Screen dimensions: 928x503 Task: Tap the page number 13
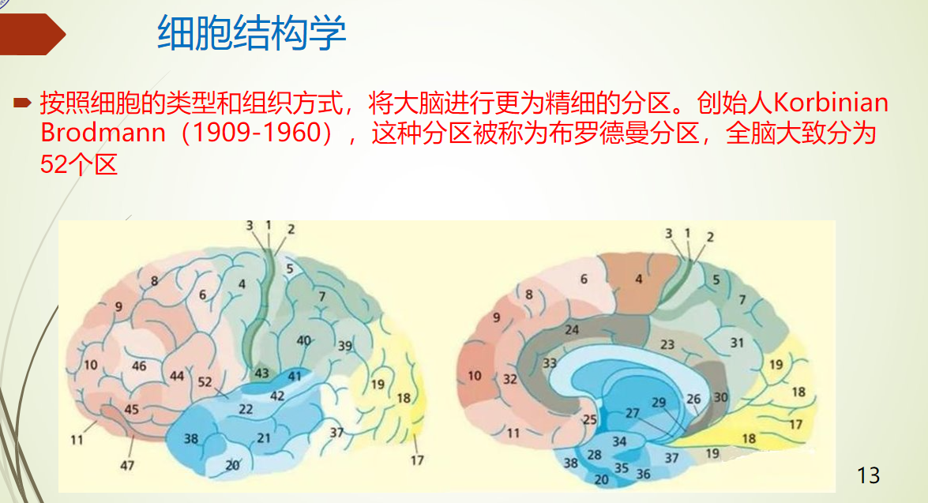coord(868,475)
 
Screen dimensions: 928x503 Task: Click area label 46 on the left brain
coord(139,366)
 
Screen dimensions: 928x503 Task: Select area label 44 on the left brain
coord(177,376)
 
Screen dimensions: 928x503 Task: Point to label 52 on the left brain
coord(205,382)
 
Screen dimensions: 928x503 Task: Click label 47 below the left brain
coord(127,466)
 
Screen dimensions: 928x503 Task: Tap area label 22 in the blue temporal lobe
coord(246,408)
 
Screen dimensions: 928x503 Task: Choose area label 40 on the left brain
coord(303,340)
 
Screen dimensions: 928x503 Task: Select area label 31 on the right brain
coord(737,343)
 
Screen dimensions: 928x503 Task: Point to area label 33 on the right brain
coord(550,362)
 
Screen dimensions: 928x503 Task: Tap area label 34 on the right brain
coord(619,441)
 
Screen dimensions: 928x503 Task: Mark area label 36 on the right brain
coord(643,474)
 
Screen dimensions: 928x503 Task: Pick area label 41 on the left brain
coord(295,377)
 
